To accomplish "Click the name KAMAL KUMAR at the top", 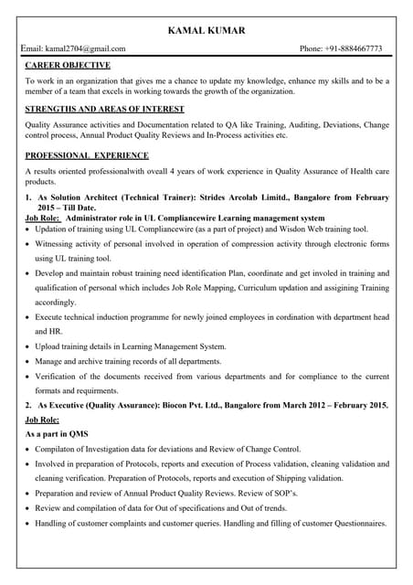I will tap(206, 31).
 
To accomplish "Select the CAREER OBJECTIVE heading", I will tap(68, 66).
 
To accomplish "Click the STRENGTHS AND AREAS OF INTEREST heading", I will tap(104, 109).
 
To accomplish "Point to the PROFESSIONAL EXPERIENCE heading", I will tap(88, 155).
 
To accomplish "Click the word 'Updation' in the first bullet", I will tap(54, 230).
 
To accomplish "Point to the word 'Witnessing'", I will tap(58, 245).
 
